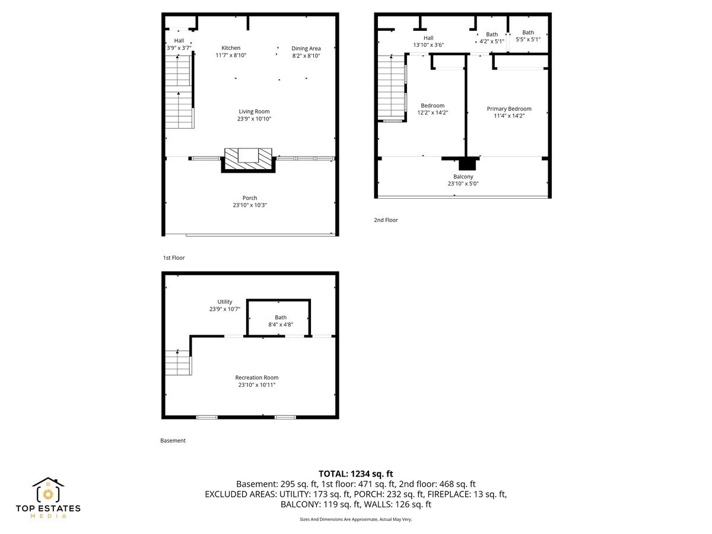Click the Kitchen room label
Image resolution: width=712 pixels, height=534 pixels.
click(x=231, y=48)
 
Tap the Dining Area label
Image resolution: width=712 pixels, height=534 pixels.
click(x=306, y=48)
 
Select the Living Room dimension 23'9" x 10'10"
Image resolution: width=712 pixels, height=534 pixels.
click(x=254, y=119)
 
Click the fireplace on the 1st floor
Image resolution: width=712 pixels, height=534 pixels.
click(x=248, y=158)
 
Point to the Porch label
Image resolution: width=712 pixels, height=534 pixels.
click(x=250, y=198)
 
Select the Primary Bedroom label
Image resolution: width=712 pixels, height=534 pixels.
click(x=509, y=109)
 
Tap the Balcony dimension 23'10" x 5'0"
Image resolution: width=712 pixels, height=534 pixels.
click(x=463, y=184)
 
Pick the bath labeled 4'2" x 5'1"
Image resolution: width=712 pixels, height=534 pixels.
click(x=492, y=38)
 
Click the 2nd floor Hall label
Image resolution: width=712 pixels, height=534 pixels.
click(x=428, y=38)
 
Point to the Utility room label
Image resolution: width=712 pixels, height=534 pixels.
click(x=225, y=301)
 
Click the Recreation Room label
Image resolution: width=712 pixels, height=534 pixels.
click(x=256, y=377)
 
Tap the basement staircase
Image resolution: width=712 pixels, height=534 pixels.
click(x=178, y=363)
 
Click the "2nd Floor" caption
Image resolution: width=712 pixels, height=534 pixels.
click(x=386, y=220)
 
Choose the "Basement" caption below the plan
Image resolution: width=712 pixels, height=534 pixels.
click(x=173, y=441)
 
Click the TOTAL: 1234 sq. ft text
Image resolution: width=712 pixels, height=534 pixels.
click(x=356, y=473)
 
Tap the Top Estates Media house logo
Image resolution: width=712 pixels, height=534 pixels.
click(x=48, y=491)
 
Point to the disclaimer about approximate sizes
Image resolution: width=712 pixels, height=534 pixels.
click(x=355, y=519)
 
